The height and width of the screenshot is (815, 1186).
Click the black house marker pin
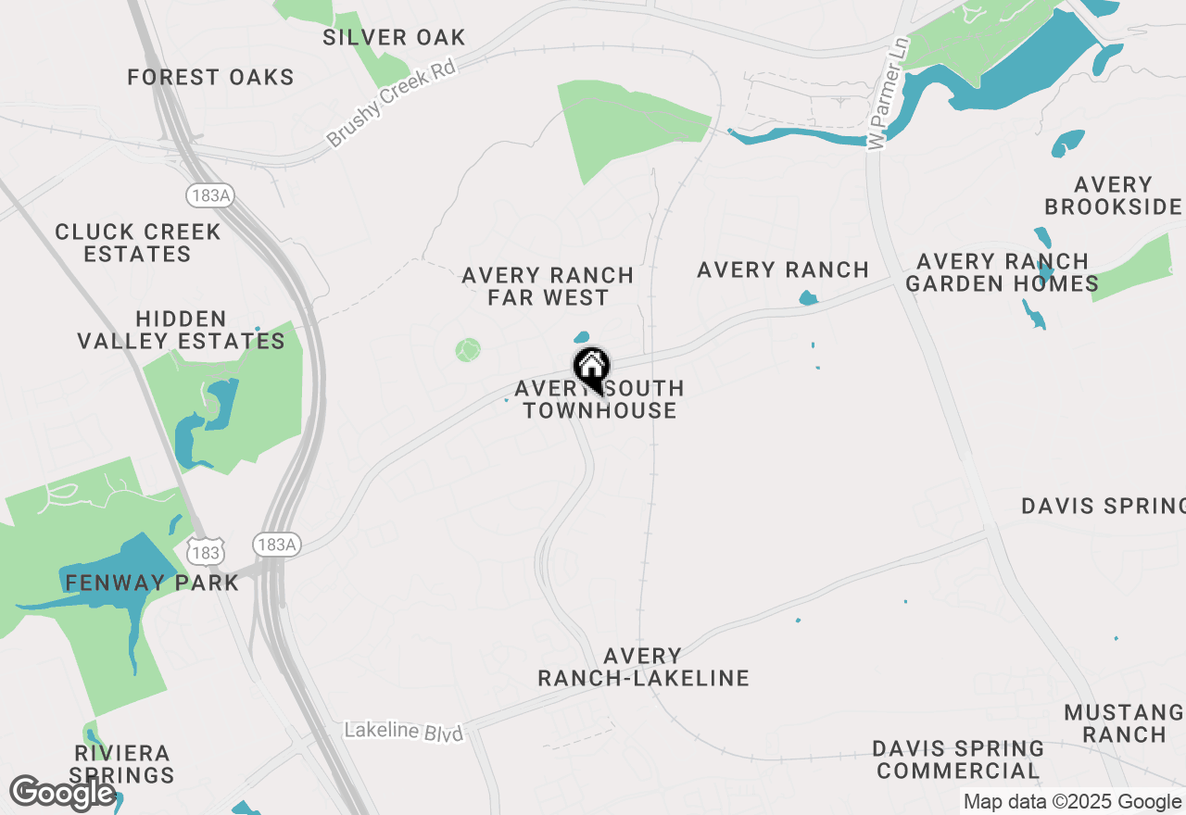[x=591, y=369]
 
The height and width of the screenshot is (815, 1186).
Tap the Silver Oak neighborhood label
[x=394, y=38]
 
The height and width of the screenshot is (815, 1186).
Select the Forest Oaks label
[x=211, y=77]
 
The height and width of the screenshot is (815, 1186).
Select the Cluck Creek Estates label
[x=138, y=243]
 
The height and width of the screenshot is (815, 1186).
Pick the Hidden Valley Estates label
[x=182, y=331]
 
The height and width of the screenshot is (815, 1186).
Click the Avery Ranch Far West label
[x=548, y=286]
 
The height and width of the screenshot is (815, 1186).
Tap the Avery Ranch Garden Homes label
[x=1003, y=272]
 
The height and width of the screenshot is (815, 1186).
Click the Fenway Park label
[x=152, y=583]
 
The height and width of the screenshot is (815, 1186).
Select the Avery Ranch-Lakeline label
[x=643, y=667]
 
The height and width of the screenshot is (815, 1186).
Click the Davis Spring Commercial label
[x=958, y=759]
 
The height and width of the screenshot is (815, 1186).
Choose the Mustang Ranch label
[x=1124, y=723]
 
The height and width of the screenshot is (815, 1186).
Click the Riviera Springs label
[x=121, y=764]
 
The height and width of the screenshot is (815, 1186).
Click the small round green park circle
[x=469, y=350]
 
